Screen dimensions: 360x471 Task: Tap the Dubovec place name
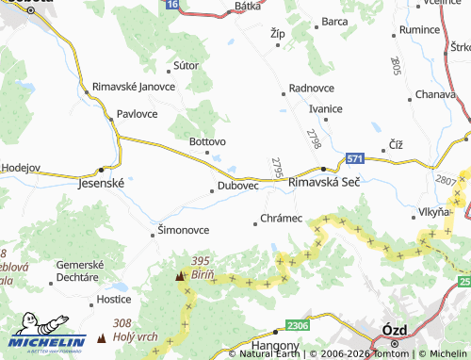pos(238,186)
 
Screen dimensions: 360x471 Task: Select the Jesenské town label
pos(100,185)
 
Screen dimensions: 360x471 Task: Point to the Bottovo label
pos(208,142)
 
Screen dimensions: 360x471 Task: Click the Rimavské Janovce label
pos(134,88)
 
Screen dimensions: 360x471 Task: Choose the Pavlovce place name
pos(138,113)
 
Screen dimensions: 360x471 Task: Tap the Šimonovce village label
pos(183,229)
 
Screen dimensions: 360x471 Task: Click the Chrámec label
pos(282,219)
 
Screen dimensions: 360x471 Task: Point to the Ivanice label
pos(325,108)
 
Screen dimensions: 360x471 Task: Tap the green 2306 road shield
pos(298,325)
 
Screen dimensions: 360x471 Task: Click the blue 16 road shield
pos(171,5)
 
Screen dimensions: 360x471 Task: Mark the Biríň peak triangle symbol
pos(179,277)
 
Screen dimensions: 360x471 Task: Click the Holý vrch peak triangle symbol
pos(102,337)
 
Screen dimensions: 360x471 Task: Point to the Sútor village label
pos(187,66)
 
